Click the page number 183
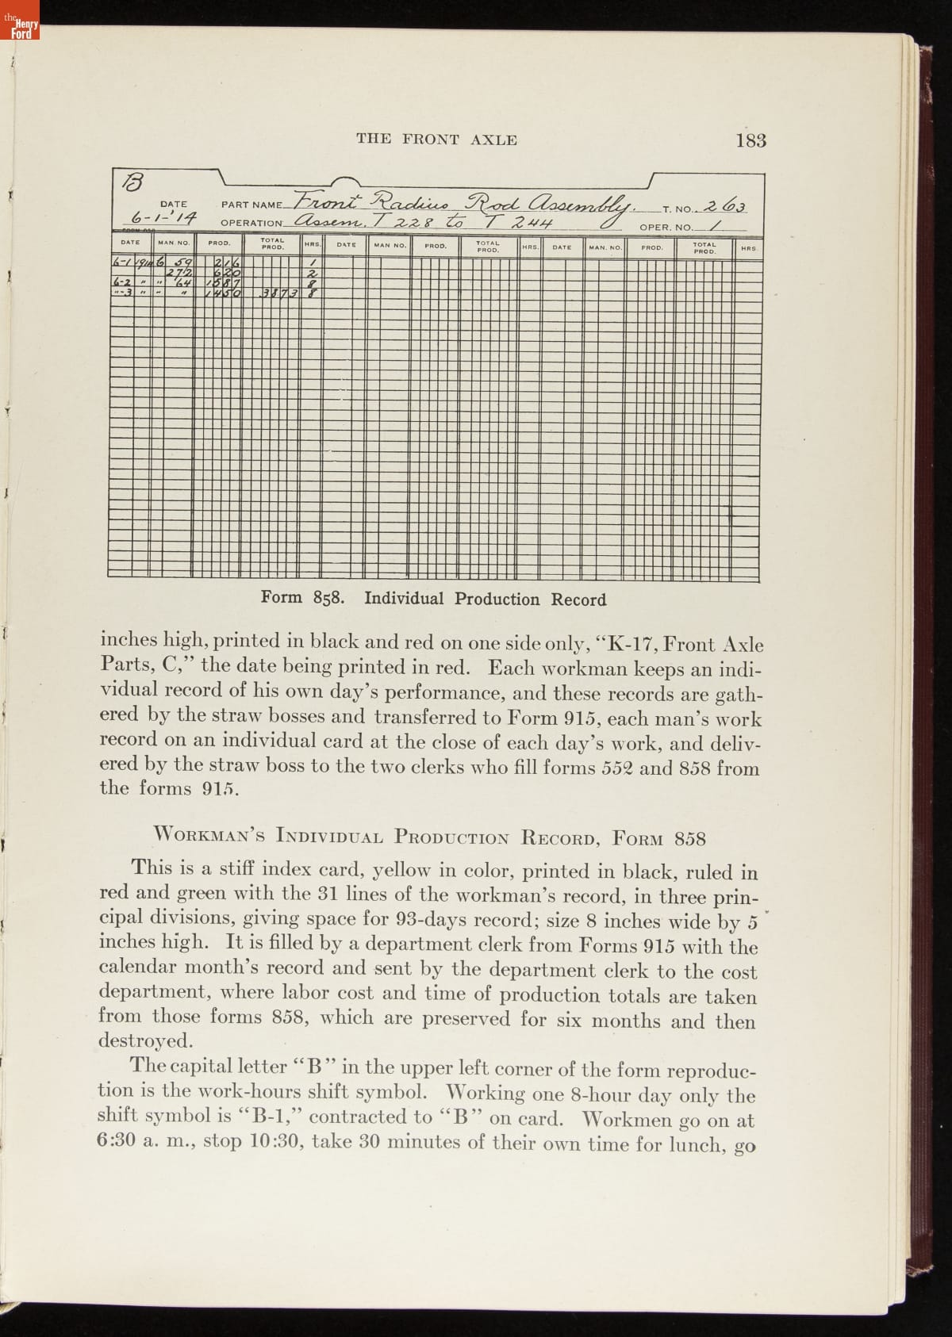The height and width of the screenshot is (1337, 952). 750,140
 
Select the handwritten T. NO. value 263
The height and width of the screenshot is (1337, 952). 724,206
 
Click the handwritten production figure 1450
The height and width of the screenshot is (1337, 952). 223,293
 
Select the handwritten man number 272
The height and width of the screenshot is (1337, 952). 178,274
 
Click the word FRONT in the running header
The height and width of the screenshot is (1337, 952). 430,140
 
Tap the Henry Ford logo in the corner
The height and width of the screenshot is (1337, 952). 20,27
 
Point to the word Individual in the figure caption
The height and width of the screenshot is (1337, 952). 404,599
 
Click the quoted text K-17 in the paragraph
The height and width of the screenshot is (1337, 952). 628,643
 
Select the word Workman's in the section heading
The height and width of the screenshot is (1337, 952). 211,836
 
